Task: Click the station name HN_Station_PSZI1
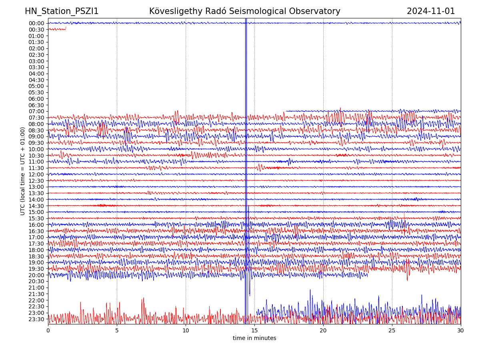(x=62, y=12)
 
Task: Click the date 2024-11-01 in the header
(x=431, y=12)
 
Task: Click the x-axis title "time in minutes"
(x=254, y=338)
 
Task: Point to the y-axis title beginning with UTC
(x=23, y=171)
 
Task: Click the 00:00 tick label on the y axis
(x=36, y=23)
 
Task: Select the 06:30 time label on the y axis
(x=36, y=105)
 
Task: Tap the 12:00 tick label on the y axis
(x=36, y=174)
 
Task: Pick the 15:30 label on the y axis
(x=36, y=218)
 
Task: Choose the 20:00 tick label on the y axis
(x=36, y=275)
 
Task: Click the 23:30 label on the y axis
(x=36, y=319)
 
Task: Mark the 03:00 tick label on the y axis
(x=36, y=61)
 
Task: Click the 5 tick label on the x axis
(x=117, y=331)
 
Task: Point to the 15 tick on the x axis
(x=254, y=331)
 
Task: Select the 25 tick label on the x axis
(x=392, y=331)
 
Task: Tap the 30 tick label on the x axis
(x=461, y=331)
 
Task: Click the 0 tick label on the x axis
(x=48, y=331)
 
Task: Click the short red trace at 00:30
(x=57, y=29)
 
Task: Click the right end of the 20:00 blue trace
(x=367, y=275)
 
